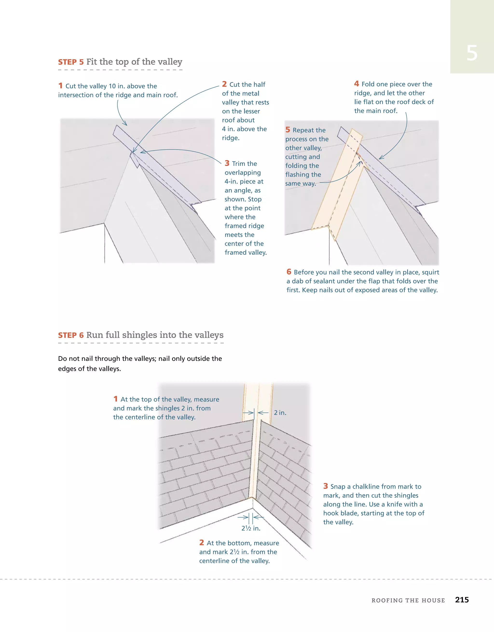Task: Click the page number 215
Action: [462, 600]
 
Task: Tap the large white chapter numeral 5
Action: [472, 53]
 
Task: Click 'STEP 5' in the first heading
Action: [71, 62]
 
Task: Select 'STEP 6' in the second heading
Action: [71, 335]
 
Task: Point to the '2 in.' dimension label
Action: [280, 413]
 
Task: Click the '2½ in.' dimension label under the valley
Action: [251, 528]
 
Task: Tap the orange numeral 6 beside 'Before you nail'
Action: [289, 272]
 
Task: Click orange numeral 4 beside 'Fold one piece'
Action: [357, 84]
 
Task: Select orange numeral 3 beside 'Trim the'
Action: [227, 163]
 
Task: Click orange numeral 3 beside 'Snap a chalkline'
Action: [326, 486]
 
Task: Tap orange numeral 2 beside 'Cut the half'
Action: [224, 84]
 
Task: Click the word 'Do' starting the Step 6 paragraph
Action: [63, 358]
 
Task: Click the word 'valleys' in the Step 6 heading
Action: [209, 335]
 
